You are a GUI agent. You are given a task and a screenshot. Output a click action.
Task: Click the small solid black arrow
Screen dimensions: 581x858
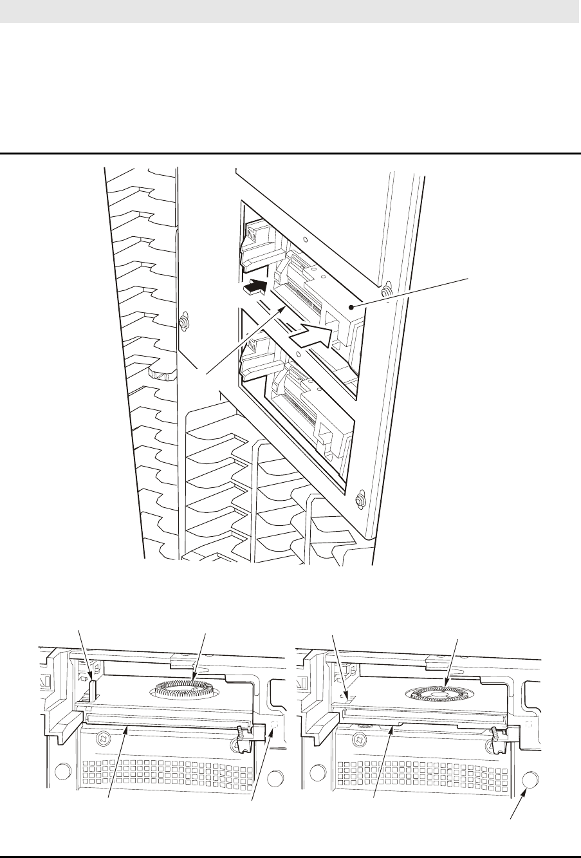pyautogui.click(x=255, y=287)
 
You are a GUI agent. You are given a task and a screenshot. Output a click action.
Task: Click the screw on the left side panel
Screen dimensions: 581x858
pyautogui.click(x=184, y=320)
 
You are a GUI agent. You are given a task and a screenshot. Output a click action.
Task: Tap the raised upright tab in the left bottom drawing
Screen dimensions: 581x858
pyautogui.click(x=93, y=690)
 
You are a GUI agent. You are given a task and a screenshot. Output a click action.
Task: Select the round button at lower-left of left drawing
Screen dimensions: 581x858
pyautogui.click(x=62, y=771)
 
